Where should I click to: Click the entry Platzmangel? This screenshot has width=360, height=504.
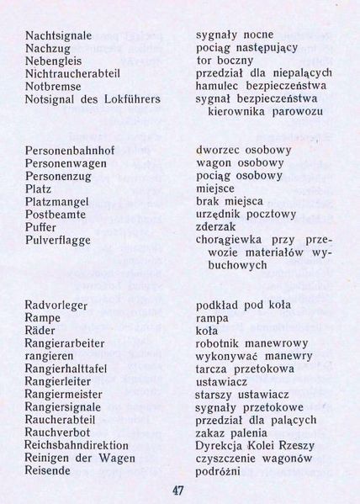pyautogui.click(x=61, y=201)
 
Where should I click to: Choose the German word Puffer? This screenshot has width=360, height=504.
pyautogui.click(x=44, y=227)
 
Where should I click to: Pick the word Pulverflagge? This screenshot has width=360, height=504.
pyautogui.click(x=57, y=240)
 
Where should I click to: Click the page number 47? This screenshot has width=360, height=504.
pyautogui.click(x=177, y=491)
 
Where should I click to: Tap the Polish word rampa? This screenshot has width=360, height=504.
pyautogui.click(x=215, y=318)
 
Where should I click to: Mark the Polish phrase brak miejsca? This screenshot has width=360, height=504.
pyautogui.click(x=230, y=201)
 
